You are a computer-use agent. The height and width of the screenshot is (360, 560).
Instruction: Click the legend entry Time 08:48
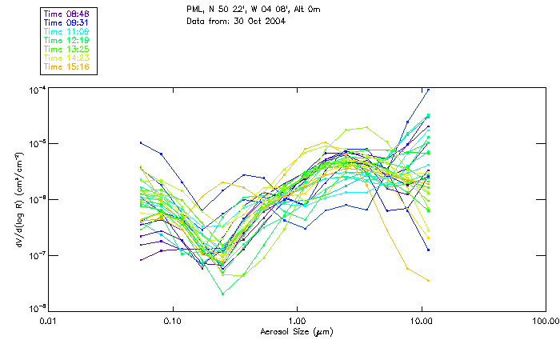pyautogui.click(x=66, y=13)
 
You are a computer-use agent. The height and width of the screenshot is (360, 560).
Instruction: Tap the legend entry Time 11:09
pyautogui.click(x=66, y=30)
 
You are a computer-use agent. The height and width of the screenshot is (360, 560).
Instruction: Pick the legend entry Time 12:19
pyautogui.click(x=66, y=39)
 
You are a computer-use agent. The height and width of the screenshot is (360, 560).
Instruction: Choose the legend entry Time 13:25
pyautogui.click(x=66, y=48)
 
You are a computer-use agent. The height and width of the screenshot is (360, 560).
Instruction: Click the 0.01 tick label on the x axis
pyautogui.click(x=49, y=321)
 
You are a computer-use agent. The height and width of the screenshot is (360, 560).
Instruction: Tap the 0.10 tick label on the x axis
pyautogui.click(x=173, y=321)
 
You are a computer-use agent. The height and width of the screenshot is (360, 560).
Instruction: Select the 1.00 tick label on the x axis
pyautogui.click(x=297, y=321)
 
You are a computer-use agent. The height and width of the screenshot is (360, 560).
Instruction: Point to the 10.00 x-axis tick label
pyautogui.click(x=421, y=321)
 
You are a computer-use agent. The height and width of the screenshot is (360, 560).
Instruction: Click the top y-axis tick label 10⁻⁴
pyautogui.click(x=38, y=89)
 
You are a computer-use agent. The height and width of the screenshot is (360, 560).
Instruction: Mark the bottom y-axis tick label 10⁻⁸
pyautogui.click(x=38, y=309)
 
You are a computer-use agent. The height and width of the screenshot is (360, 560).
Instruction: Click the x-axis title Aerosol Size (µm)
pyautogui.click(x=297, y=331)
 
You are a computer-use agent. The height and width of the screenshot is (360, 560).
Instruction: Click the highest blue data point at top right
pyautogui.click(x=428, y=90)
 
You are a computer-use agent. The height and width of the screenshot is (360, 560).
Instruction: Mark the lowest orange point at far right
pyautogui.click(x=429, y=280)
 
